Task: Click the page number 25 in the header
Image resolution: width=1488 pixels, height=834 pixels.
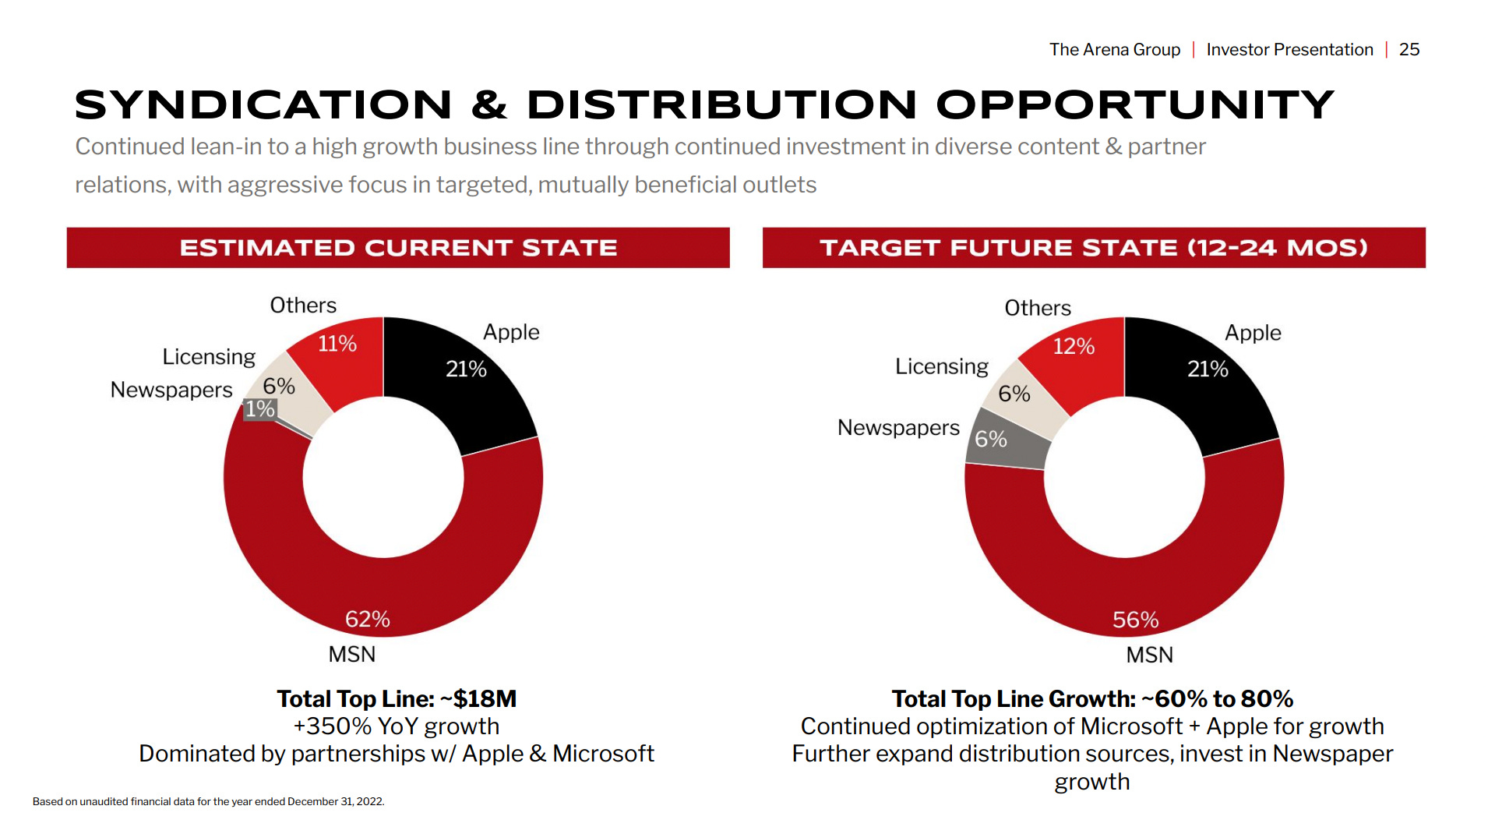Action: coord(1409,50)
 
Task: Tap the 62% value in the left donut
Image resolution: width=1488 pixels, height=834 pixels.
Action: coord(368,619)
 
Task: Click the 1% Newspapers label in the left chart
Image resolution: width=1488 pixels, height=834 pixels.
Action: coord(260,409)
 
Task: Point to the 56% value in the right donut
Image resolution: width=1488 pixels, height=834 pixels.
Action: coord(1135,620)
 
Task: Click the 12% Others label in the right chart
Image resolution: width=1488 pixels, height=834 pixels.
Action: coord(1074,346)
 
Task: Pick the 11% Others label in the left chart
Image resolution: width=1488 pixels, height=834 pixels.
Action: coord(337,343)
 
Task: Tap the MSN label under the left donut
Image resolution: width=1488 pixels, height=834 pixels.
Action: coord(352,654)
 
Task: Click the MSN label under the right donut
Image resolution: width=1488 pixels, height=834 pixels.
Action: coord(1149,655)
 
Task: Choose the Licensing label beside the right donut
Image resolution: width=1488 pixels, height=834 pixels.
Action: coord(941,366)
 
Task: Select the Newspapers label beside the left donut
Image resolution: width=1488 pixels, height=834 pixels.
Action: coord(171,390)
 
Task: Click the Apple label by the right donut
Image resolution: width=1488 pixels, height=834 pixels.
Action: coord(1253,333)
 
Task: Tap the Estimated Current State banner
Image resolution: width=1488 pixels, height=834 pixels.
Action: coord(398,248)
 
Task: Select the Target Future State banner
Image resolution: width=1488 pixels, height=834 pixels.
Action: coord(1094,248)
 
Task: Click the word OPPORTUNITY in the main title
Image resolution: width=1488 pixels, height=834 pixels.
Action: coord(1136,105)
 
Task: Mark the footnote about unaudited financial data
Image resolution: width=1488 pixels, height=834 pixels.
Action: coord(209,801)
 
